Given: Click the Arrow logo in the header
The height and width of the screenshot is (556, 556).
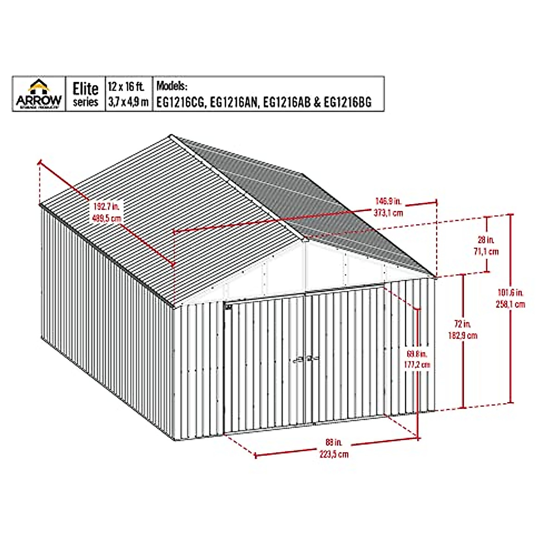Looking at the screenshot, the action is [39, 94].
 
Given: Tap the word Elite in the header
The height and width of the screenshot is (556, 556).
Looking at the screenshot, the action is [86, 88].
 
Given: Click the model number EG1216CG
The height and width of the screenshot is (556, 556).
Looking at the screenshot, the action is [181, 102].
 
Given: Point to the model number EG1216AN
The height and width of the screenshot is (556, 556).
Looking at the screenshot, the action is [234, 102].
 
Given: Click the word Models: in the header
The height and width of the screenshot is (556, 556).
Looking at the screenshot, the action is [172, 86].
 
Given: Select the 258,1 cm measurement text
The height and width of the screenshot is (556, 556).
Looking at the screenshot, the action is [511, 304].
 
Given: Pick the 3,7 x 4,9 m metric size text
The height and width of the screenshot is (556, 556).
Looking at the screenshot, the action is [128, 102].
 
